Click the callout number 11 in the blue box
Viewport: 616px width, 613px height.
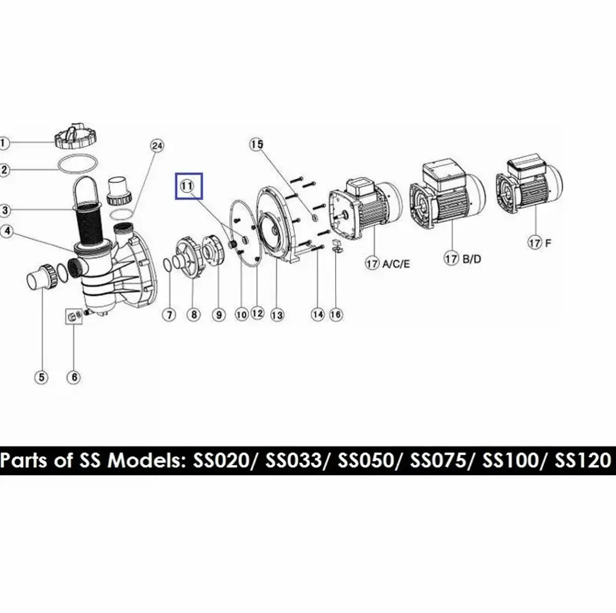tap(187, 186)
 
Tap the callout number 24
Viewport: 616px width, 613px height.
tap(157, 146)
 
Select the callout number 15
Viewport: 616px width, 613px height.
tap(256, 144)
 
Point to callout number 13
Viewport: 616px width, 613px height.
tap(277, 315)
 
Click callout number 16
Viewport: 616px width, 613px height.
tap(336, 315)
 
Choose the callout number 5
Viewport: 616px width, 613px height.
tap(42, 377)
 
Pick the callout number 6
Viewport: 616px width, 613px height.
tap(74, 377)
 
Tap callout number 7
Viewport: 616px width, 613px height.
tap(169, 315)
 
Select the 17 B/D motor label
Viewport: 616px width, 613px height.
tap(463, 259)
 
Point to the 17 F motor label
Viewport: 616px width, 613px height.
tap(540, 242)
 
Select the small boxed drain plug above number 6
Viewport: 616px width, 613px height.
tap(74, 316)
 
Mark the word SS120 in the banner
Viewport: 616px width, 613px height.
tap(583, 461)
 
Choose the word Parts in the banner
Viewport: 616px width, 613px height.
tap(24, 461)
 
